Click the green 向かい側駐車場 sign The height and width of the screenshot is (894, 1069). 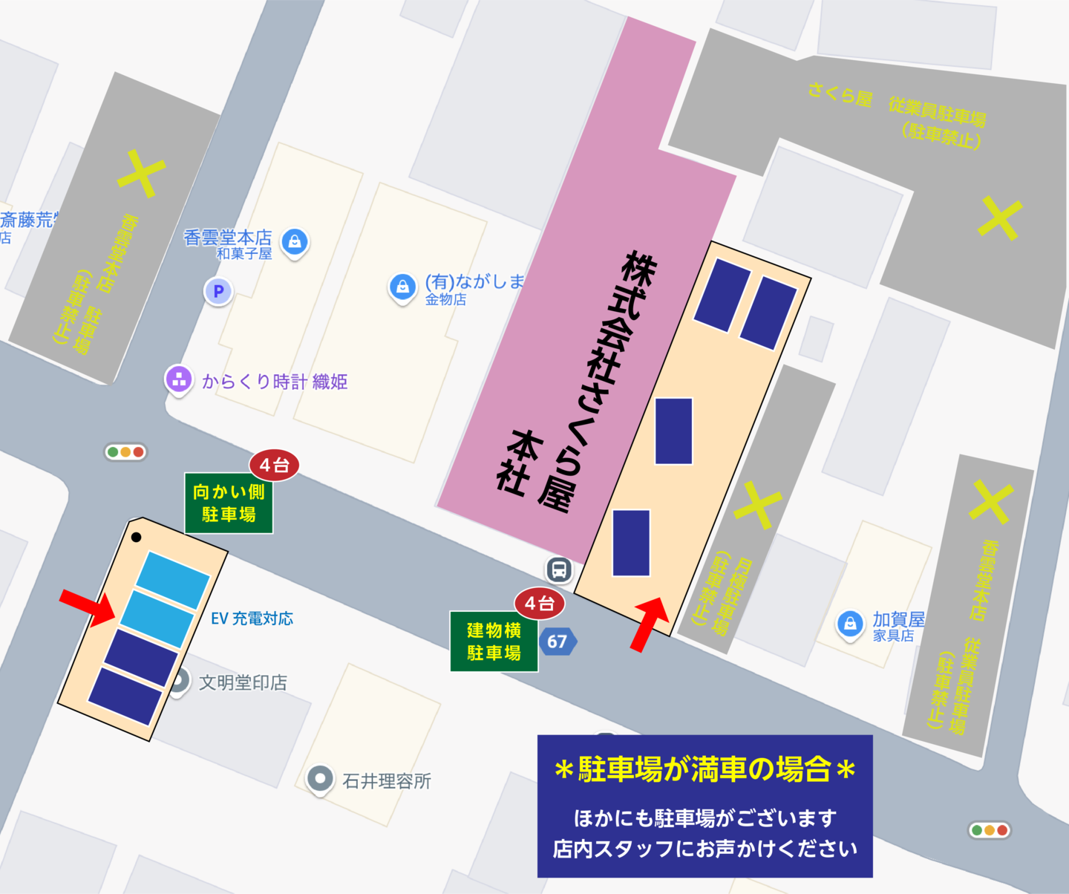229,503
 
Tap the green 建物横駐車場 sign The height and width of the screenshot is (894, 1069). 494,642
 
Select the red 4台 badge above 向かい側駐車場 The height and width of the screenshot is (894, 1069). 274,466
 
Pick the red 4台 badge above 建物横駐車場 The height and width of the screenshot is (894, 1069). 540,604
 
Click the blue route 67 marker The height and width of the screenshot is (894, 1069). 558,642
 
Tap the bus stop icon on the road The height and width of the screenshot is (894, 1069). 559,570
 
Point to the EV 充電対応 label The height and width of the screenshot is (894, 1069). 252,619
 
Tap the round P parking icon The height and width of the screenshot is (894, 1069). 218,291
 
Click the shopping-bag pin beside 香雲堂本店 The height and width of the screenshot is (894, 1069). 295,241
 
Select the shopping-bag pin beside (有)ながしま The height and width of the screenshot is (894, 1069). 402,287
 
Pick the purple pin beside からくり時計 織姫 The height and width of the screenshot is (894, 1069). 178,379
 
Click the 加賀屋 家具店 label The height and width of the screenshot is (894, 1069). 898,625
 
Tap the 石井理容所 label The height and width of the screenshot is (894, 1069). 386,781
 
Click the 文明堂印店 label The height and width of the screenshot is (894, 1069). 243,682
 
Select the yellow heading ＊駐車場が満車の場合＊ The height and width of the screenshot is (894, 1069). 705,770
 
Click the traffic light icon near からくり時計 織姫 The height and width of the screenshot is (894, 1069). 125,451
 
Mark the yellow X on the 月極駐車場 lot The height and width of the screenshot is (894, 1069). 758,504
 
